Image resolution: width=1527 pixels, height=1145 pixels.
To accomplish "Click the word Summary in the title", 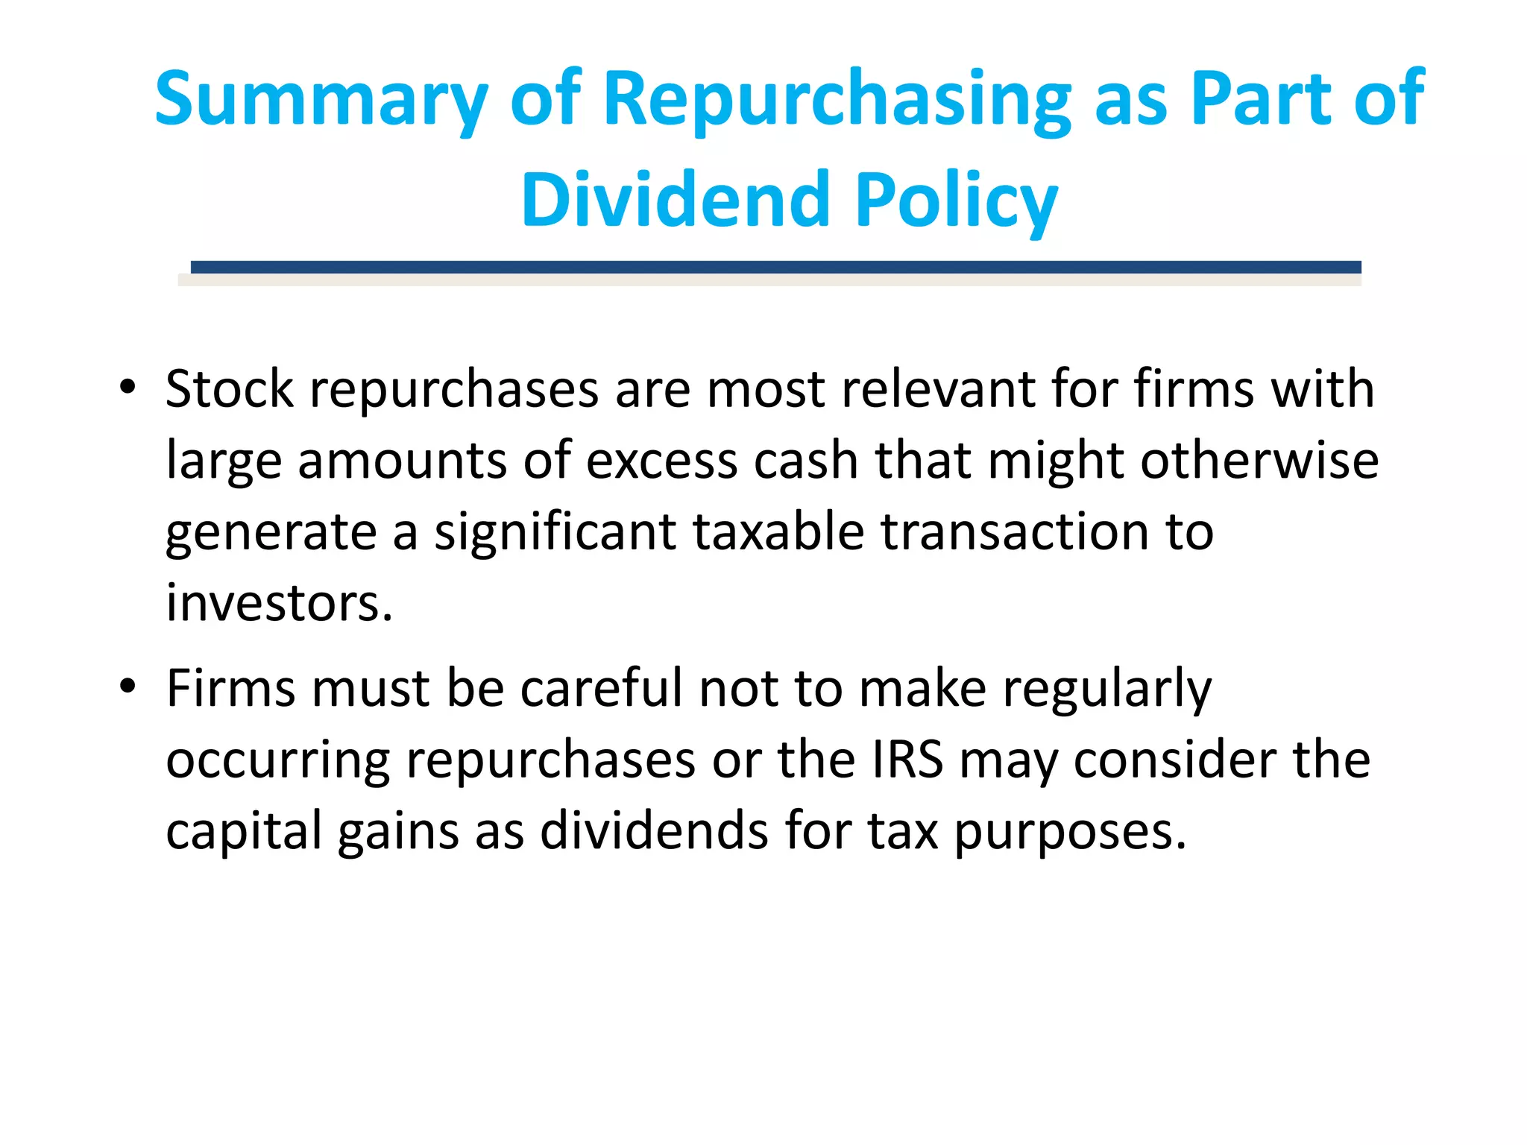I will click(x=321, y=99).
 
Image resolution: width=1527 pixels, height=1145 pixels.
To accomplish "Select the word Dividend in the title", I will click(x=675, y=200).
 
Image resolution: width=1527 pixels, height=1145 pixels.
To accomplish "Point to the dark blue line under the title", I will click(x=775, y=267).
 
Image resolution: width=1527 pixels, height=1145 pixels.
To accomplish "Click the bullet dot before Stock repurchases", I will click(x=127, y=387).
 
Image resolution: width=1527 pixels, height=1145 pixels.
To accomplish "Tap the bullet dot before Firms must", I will click(x=127, y=686).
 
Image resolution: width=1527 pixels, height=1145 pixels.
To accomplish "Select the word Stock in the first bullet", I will click(x=230, y=389).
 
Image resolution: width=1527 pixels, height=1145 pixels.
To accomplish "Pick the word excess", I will click(x=661, y=461).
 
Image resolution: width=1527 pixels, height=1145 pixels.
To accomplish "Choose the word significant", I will click(x=555, y=532).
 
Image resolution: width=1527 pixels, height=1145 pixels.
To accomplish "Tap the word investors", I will click(x=278, y=603).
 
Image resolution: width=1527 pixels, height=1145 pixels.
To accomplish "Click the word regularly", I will click(x=1106, y=690).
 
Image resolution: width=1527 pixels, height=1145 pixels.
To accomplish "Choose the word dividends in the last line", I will click(x=654, y=830).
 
